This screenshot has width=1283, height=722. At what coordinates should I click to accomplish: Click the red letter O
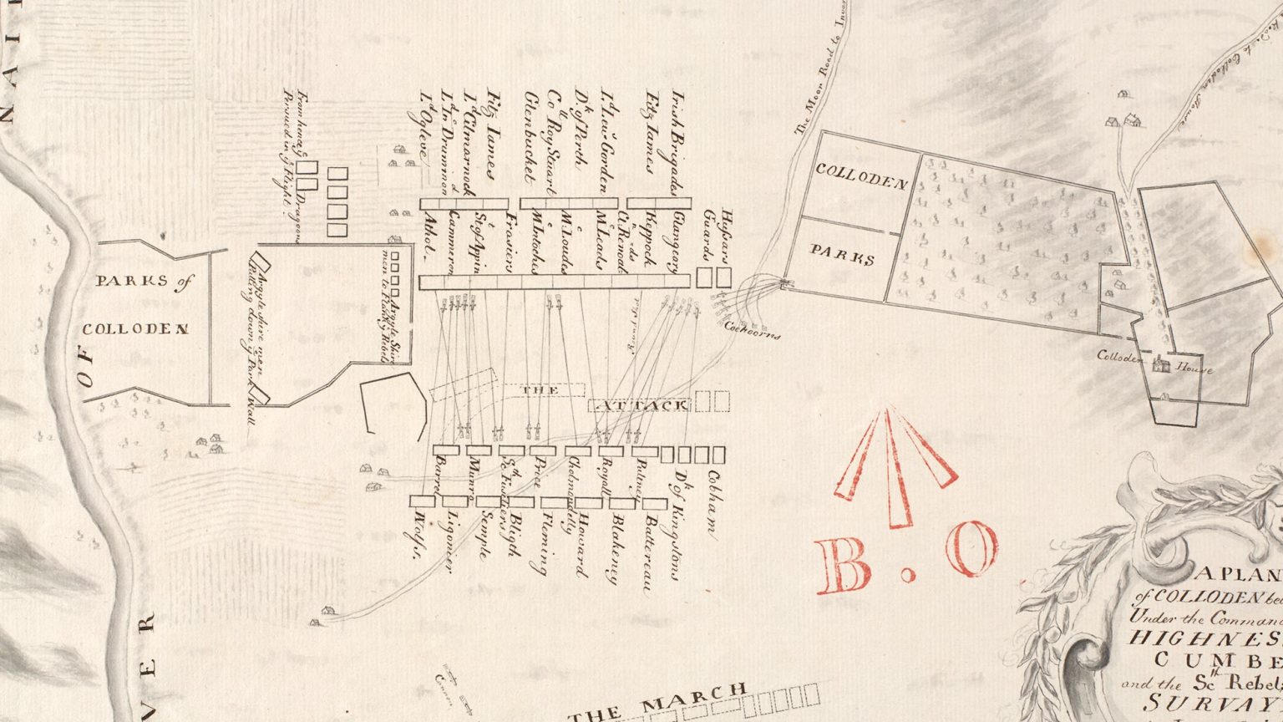[971, 549]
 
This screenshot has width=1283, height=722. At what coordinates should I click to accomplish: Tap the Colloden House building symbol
[1160, 364]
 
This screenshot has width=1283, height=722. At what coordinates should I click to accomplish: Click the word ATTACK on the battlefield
[641, 405]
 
